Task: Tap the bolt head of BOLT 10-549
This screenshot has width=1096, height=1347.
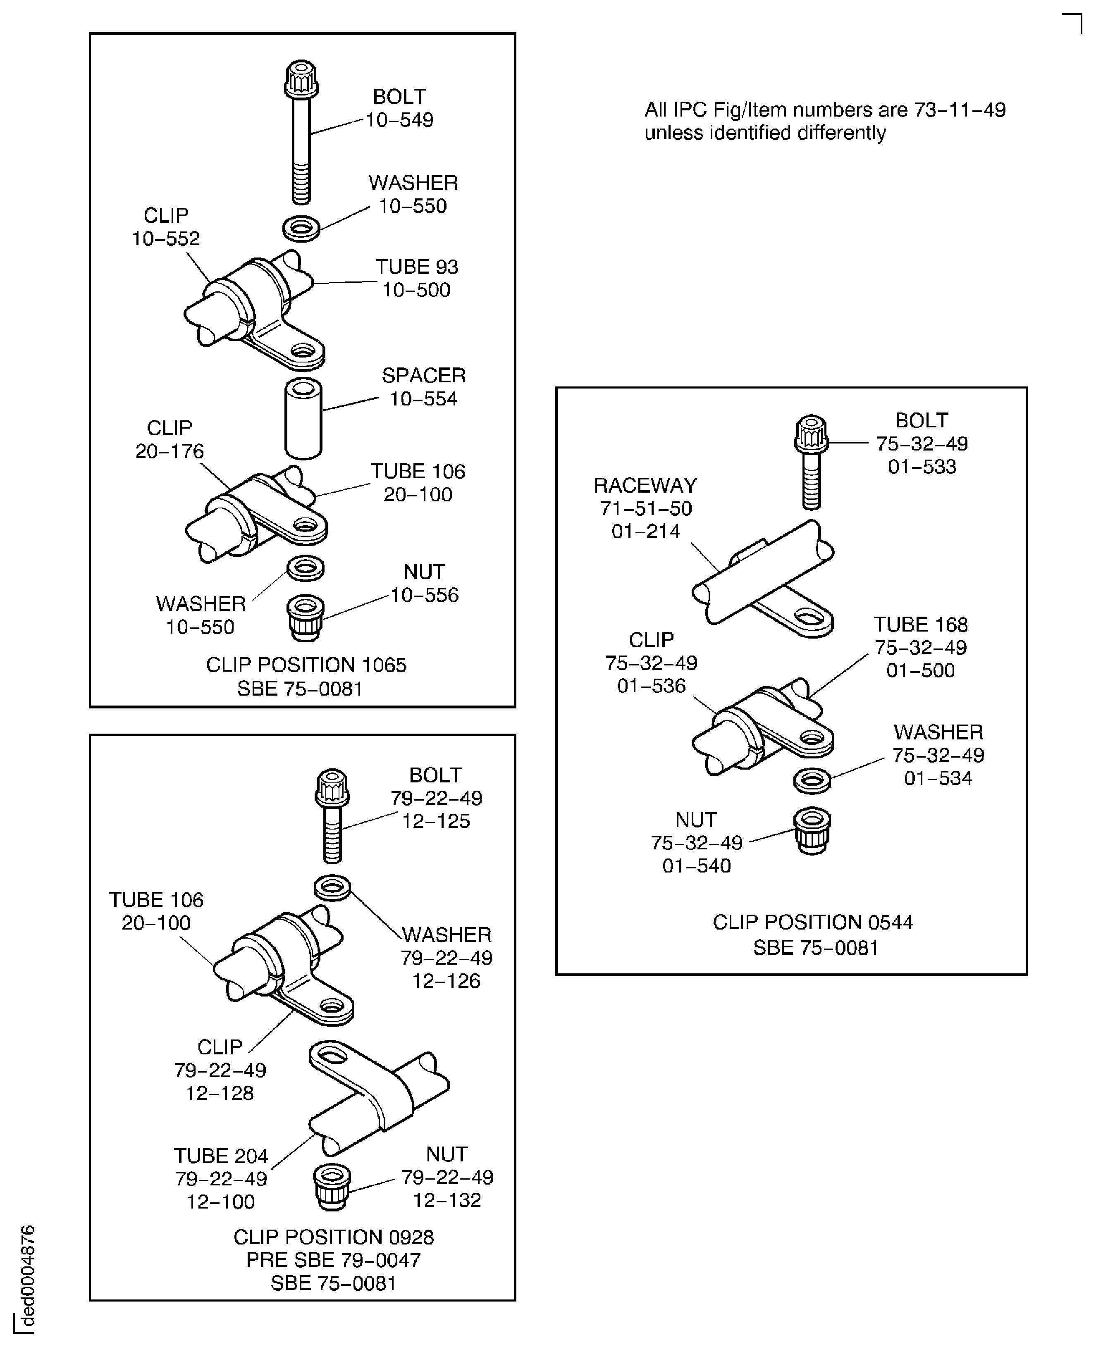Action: tap(301, 79)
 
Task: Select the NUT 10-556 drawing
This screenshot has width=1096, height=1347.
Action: tap(306, 618)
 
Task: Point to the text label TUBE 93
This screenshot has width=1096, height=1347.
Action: tap(417, 267)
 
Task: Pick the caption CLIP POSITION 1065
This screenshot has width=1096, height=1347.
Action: tap(306, 665)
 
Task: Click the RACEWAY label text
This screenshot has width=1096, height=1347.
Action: tap(645, 485)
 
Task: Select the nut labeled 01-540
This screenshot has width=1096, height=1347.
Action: tap(812, 831)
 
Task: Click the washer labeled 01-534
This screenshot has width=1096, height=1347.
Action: tap(812, 781)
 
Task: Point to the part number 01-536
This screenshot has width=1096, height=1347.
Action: tap(651, 686)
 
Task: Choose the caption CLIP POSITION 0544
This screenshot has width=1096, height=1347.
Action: tap(812, 922)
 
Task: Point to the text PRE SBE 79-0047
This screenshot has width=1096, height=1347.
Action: tap(333, 1261)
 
